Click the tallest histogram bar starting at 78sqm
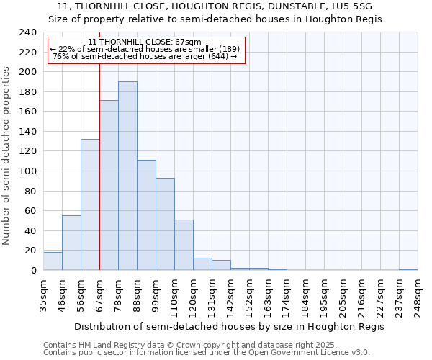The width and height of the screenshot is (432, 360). pyautogui.click(x=127, y=176)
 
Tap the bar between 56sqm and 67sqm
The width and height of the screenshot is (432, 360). pyautogui.click(x=90, y=205)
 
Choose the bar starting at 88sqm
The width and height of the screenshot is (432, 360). pyautogui.click(x=146, y=215)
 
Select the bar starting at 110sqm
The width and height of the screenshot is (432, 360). pyautogui.click(x=184, y=245)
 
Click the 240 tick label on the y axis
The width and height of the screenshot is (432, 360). pyautogui.click(x=27, y=32)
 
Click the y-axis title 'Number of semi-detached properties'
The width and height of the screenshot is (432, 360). pyautogui.click(x=7, y=156)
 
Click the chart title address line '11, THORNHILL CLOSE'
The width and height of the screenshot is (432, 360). pyautogui.click(x=215, y=6)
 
